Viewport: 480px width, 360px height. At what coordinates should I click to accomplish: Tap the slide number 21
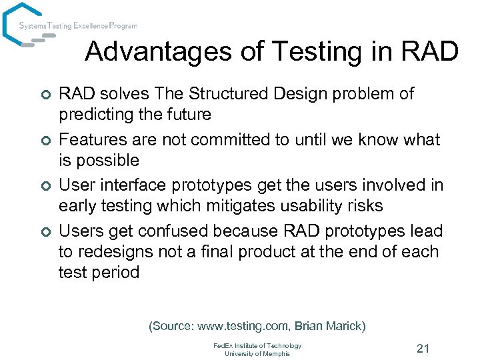coord(422,348)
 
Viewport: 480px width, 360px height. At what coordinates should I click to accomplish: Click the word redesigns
coord(116,252)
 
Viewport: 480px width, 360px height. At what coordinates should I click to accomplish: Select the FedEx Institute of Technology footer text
coord(257,345)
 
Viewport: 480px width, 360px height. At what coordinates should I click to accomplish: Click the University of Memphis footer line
coord(257,353)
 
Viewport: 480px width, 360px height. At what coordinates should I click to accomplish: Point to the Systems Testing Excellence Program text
coord(77,26)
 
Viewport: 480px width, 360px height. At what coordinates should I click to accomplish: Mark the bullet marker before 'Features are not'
coord(45,141)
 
